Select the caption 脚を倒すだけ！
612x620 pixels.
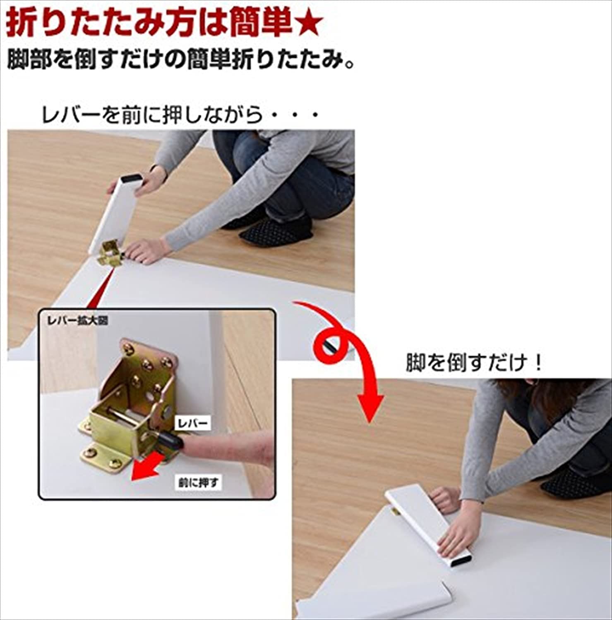(474, 363)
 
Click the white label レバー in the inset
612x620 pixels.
(193, 423)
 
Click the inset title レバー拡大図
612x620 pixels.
(78, 320)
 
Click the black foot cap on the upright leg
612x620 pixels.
(133, 179)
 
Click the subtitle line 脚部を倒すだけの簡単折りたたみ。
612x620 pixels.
(181, 60)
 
